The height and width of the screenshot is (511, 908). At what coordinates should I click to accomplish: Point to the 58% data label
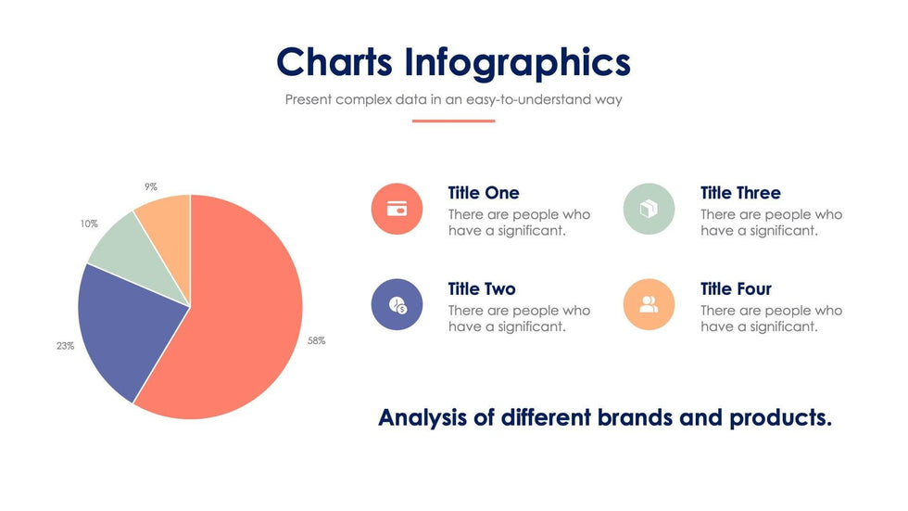tap(316, 341)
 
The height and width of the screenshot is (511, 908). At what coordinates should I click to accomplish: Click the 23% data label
tap(65, 346)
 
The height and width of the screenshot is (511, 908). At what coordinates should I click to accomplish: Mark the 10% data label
tap(89, 224)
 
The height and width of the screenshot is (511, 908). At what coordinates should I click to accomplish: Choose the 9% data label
tap(150, 186)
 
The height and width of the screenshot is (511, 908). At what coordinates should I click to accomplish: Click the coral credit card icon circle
tap(397, 209)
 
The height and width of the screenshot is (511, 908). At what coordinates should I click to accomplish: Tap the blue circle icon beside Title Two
tap(397, 304)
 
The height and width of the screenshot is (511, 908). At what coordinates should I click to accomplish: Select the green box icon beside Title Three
tap(649, 209)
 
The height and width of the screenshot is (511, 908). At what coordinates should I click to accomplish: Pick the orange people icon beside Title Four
tap(649, 304)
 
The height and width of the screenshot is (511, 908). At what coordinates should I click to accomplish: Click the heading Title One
tap(484, 193)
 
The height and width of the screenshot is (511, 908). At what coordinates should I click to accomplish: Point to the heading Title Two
tap(482, 289)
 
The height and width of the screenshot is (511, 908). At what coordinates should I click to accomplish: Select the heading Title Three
tap(740, 193)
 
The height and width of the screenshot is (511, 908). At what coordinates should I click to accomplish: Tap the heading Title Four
tap(736, 289)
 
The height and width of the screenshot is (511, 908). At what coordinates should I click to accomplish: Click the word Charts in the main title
tap(335, 62)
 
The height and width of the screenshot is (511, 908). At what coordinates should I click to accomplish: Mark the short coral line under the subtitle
tap(453, 121)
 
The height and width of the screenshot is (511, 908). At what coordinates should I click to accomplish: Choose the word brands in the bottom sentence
tap(625, 417)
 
